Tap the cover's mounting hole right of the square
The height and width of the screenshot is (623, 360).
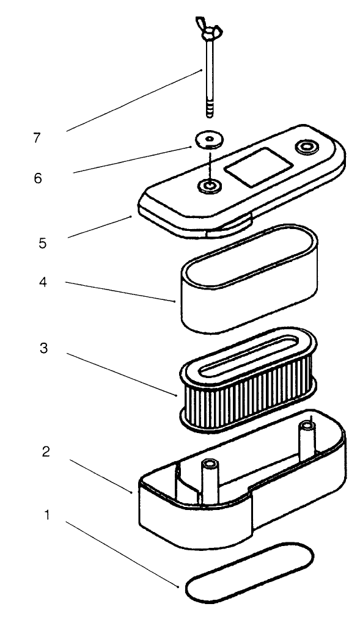[305, 147]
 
